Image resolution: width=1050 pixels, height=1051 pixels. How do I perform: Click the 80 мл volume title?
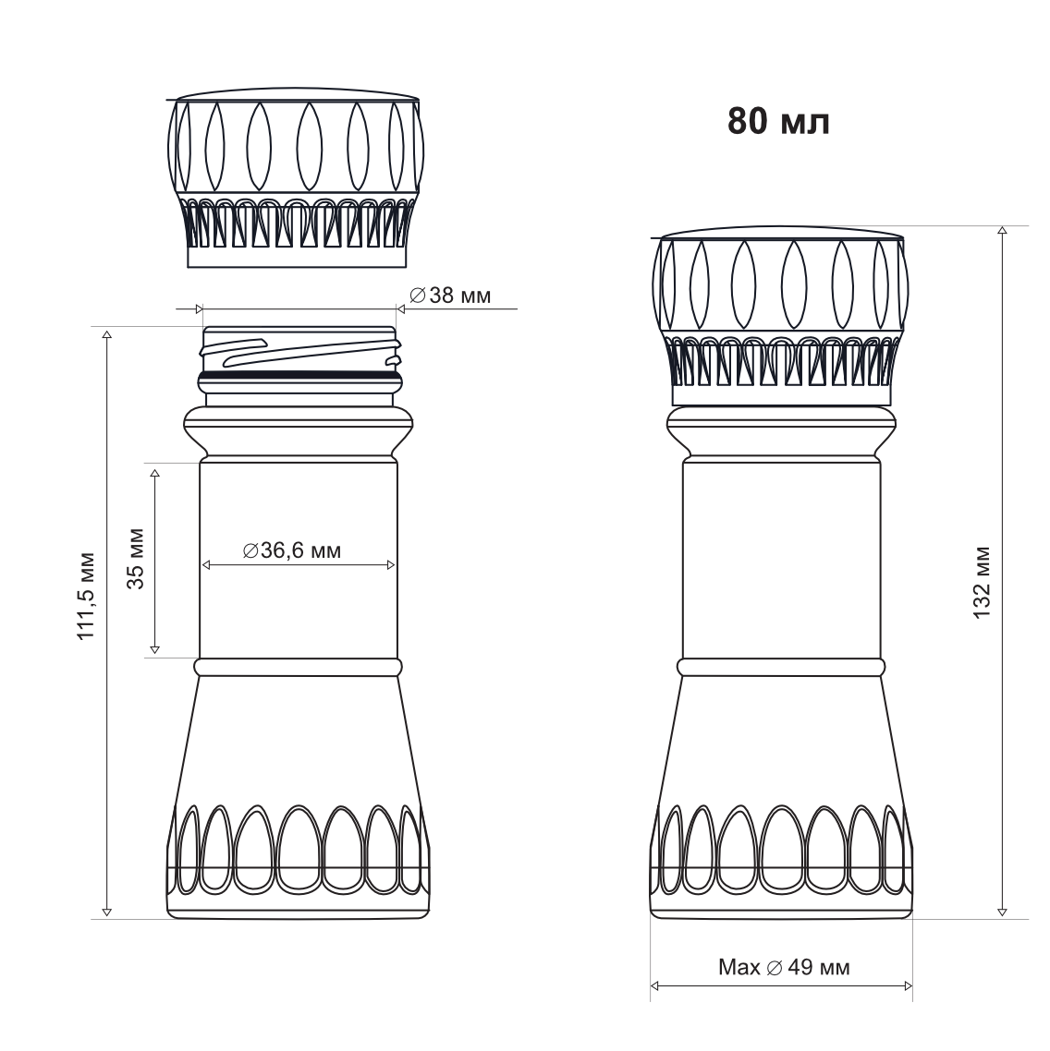pos(778,121)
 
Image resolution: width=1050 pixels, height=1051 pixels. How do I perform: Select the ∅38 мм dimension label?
pos(449,296)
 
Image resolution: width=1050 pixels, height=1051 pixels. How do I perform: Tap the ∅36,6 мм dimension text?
pos(292,551)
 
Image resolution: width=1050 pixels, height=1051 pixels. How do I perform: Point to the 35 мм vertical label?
pos(135,558)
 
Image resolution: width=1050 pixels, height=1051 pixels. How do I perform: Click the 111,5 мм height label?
pos(86,596)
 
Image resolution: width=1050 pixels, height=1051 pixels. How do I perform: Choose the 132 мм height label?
pos(982,583)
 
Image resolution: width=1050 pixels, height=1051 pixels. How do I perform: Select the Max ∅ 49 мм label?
pos(784,968)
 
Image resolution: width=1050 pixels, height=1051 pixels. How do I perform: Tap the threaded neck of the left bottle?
pos(300,351)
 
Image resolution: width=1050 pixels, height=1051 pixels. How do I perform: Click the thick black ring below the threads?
pos(300,374)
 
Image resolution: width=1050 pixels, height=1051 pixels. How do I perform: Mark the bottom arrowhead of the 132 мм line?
pos(1002,912)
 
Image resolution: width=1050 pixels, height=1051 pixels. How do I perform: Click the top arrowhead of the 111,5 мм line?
pos(107,332)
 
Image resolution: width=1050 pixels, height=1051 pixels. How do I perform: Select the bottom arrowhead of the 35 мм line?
pos(154,651)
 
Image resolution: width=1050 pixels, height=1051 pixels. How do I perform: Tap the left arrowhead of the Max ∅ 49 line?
pos(655,986)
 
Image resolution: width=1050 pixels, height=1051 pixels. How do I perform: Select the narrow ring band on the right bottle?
pos(781,666)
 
